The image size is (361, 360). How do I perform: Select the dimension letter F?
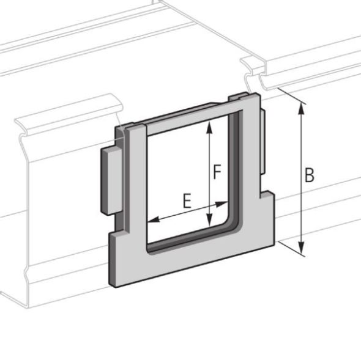(x=217, y=172)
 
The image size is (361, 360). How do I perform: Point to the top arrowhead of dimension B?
(x=300, y=106)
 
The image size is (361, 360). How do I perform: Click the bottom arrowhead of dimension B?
(x=301, y=250)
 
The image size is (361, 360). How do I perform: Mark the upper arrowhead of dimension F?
(x=210, y=125)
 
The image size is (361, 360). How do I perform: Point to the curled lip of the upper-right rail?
(x=252, y=67)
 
